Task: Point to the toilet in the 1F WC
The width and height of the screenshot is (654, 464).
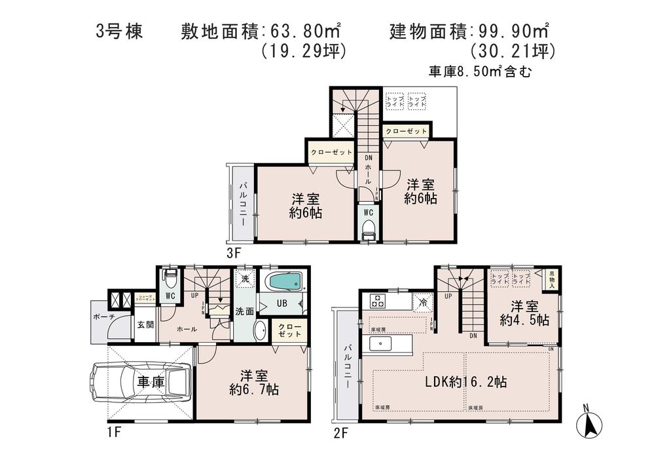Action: click(170, 280)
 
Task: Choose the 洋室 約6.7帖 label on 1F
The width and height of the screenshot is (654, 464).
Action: click(254, 382)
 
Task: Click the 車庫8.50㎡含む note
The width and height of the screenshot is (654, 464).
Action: click(479, 71)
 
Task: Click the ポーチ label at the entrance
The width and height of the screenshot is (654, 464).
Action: click(104, 317)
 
